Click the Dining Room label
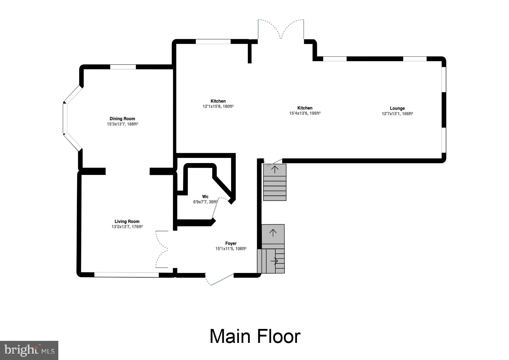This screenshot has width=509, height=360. (122, 119)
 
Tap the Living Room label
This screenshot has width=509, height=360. (127, 221)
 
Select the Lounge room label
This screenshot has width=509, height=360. (397, 108)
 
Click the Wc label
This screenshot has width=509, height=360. (205, 197)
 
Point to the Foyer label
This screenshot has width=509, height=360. (231, 243)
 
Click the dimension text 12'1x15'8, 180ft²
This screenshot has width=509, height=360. (218, 106)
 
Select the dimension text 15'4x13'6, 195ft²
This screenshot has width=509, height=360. (305, 113)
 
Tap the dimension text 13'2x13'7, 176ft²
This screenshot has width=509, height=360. (127, 227)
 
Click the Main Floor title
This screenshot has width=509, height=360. (255, 337)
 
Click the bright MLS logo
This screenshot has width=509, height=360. (29, 350)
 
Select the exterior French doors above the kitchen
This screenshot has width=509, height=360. (281, 29)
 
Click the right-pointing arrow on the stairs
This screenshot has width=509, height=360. (274, 261)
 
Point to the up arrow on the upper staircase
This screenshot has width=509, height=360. (275, 169)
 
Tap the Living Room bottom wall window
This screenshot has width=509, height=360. (127, 274)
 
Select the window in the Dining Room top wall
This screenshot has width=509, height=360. (123, 67)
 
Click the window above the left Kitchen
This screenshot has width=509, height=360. (213, 41)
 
